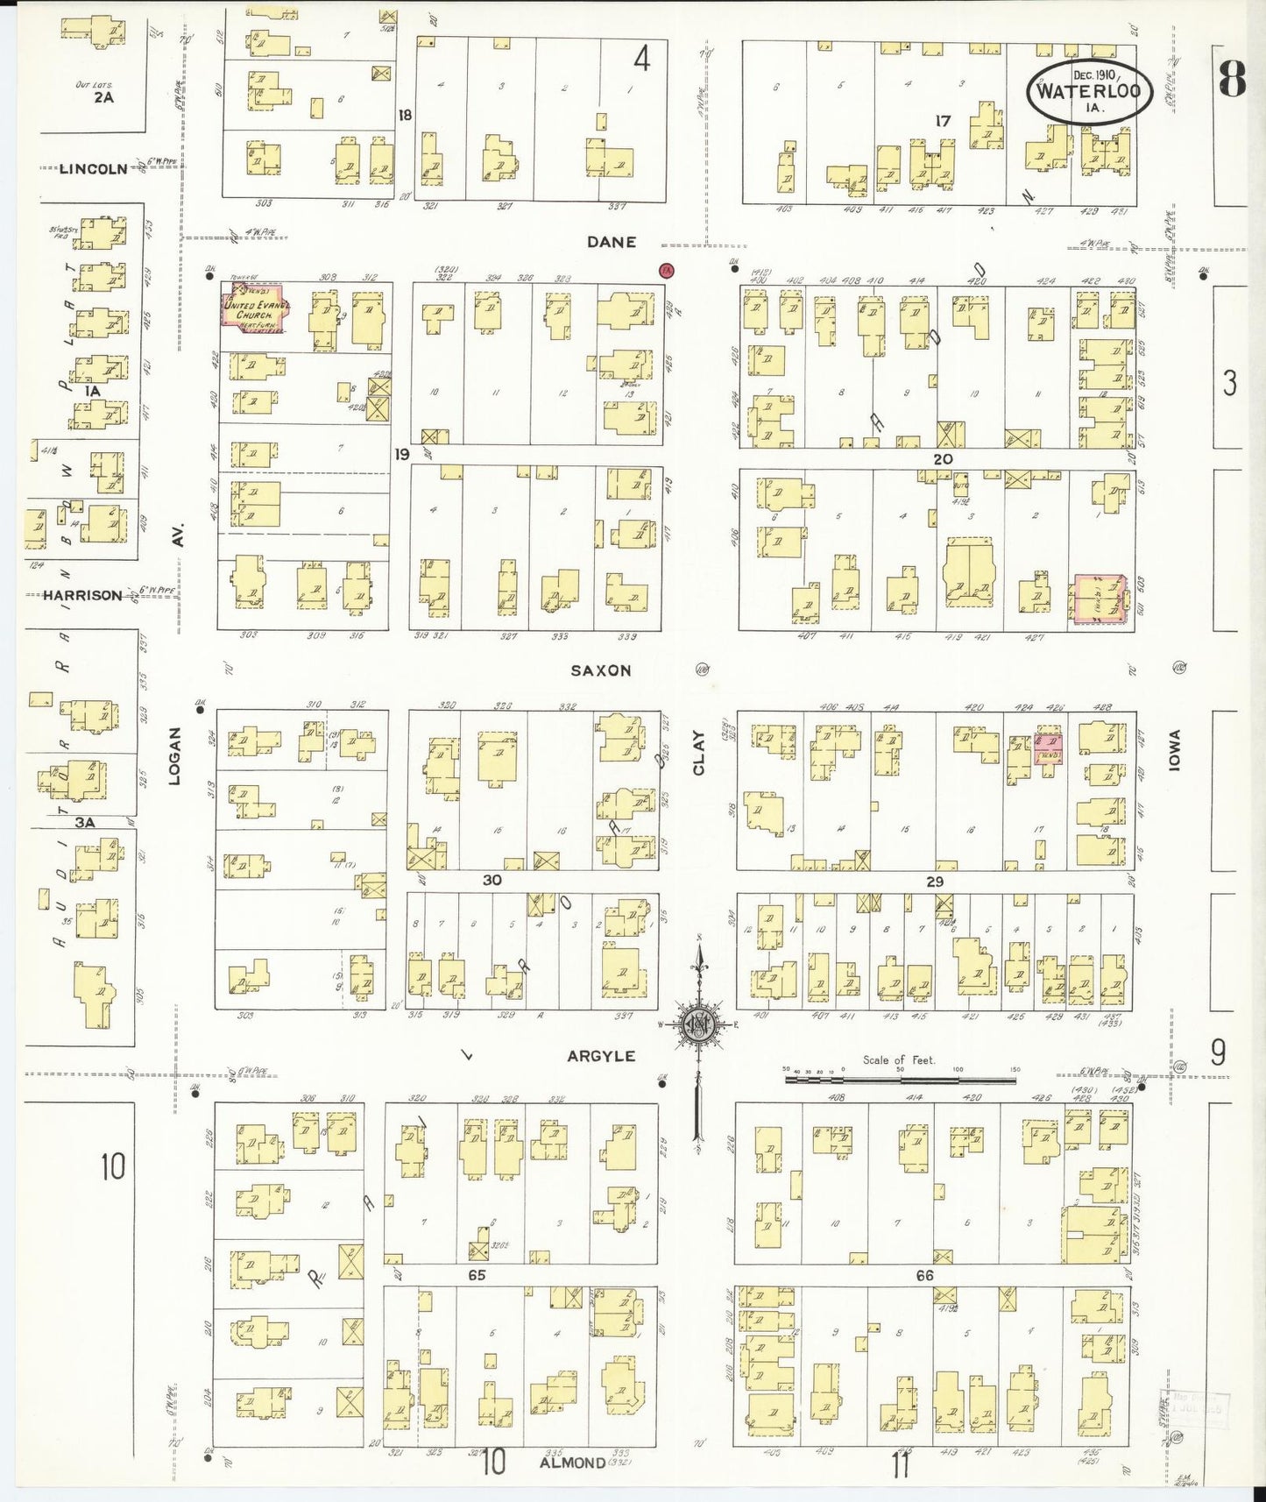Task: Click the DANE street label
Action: pos(612,242)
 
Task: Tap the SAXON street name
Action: pos(601,670)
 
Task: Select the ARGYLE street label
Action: pos(601,1056)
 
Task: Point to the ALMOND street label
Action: pos(572,1463)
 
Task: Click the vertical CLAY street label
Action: pos(699,754)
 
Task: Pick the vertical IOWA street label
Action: pos(1175,750)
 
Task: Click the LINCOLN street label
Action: pos(93,168)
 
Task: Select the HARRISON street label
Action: pos(83,595)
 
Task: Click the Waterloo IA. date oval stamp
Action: pos(1089,90)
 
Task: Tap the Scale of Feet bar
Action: pos(900,1080)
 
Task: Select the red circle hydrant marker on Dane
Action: pos(668,270)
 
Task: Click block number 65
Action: pos(476,1275)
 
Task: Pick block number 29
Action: pos(935,882)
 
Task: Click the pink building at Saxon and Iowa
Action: pos(1100,600)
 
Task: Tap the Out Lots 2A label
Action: pos(103,93)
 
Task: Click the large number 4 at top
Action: pos(642,60)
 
